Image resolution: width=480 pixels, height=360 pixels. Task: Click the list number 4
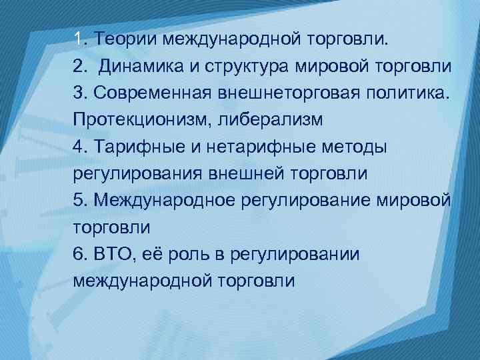tap(79, 146)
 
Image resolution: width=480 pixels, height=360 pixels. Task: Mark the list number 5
tap(79, 200)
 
